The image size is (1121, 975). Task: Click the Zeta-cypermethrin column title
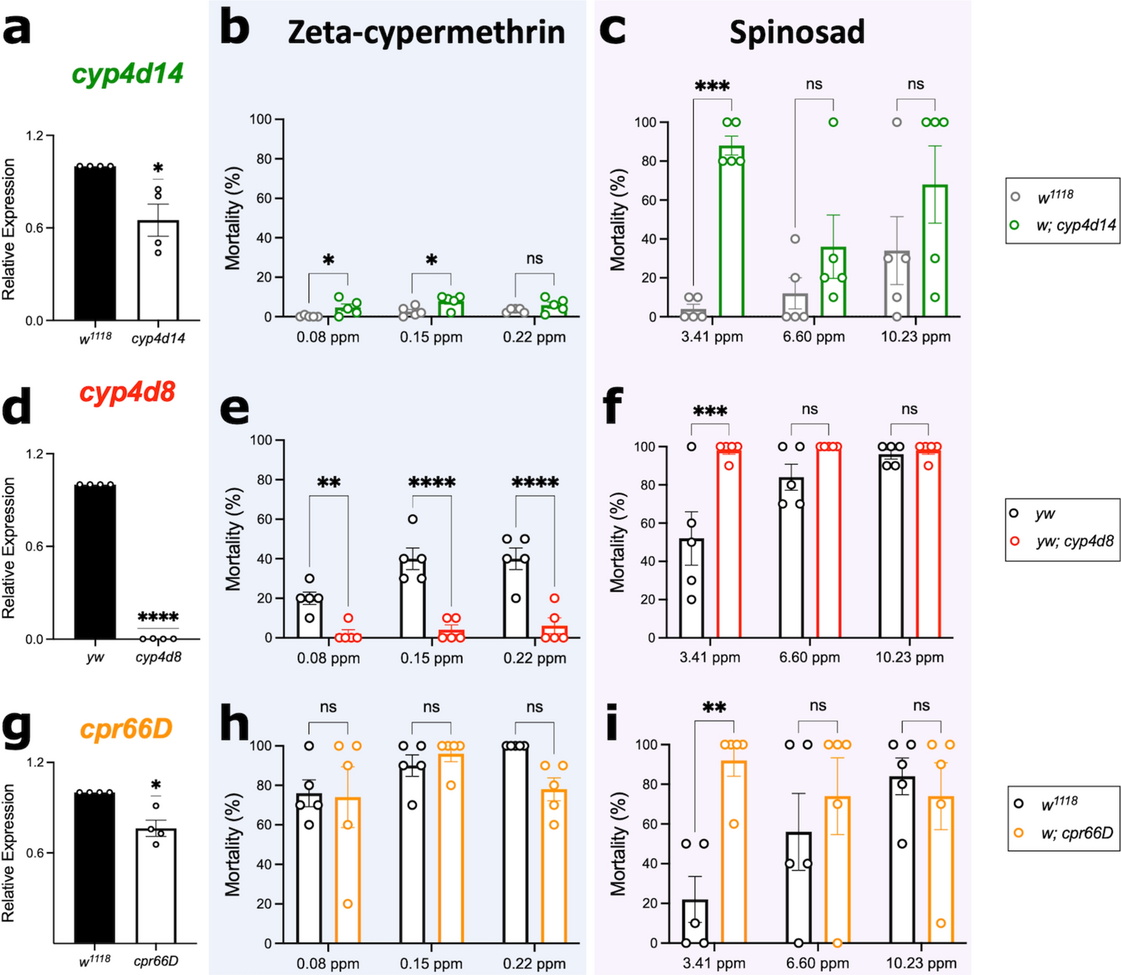[x=426, y=32]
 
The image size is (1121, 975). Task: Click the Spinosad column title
[x=797, y=32]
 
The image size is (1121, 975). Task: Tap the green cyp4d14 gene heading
[x=127, y=73]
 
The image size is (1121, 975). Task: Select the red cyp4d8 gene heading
[x=127, y=393]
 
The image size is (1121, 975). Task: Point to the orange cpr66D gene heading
[x=126, y=729]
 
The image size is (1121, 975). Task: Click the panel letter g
[x=16, y=729]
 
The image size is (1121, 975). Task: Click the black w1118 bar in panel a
[x=95, y=243]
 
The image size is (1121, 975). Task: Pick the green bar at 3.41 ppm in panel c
[x=731, y=231]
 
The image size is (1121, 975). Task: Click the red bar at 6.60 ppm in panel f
[x=828, y=542]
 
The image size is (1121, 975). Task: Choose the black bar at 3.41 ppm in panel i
[x=695, y=921]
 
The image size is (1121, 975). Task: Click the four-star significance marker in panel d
[x=158, y=617]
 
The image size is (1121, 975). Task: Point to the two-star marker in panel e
[x=329, y=483]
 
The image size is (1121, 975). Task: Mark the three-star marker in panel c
[x=712, y=86]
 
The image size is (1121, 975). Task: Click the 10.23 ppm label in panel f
[x=909, y=658]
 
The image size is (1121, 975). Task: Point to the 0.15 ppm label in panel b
[x=431, y=337]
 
